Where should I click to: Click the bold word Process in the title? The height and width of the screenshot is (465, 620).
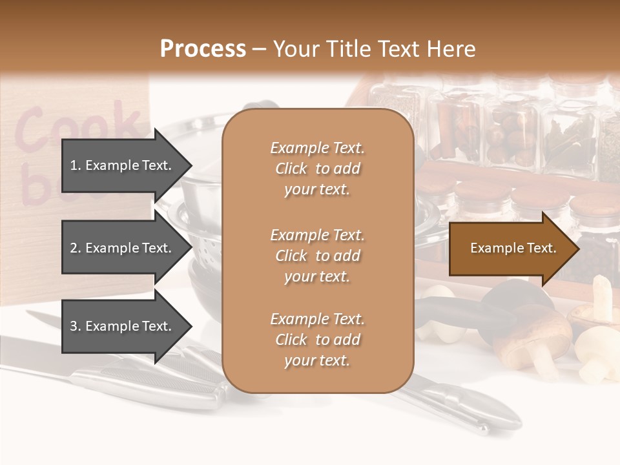coord(203,49)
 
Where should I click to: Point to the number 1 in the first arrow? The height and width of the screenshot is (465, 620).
coord(74,165)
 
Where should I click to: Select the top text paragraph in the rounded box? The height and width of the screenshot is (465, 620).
coord(317,169)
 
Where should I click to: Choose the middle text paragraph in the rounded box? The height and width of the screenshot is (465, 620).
coord(317,256)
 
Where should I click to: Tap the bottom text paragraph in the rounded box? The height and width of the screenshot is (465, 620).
coord(317,340)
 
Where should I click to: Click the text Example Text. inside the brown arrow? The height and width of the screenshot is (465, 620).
coord(513,248)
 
